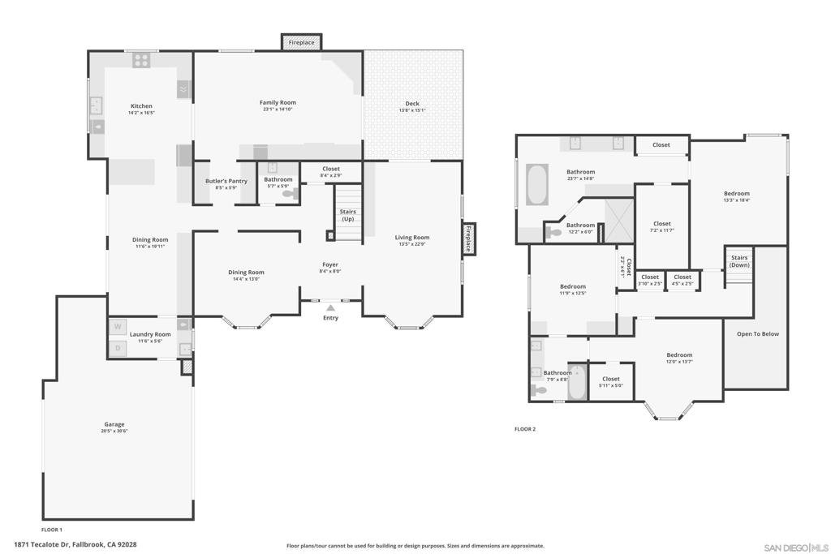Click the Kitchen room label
[141, 106]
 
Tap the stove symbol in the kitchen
[141, 60]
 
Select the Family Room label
[278, 103]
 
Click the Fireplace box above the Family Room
[302, 42]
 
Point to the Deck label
[412, 104]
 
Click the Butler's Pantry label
[226, 181]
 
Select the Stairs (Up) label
[347, 215]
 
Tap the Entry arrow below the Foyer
[330, 307]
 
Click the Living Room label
[412, 238]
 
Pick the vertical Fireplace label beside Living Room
[468, 238]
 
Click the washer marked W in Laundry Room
[118, 327]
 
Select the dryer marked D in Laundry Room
[118, 348]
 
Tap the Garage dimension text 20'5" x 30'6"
[115, 431]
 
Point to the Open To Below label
[757, 333]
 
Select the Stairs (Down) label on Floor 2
[739, 261]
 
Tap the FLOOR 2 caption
[525, 429]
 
